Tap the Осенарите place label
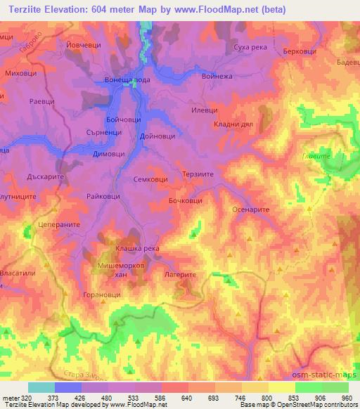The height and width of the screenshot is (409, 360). [x=250, y=209]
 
